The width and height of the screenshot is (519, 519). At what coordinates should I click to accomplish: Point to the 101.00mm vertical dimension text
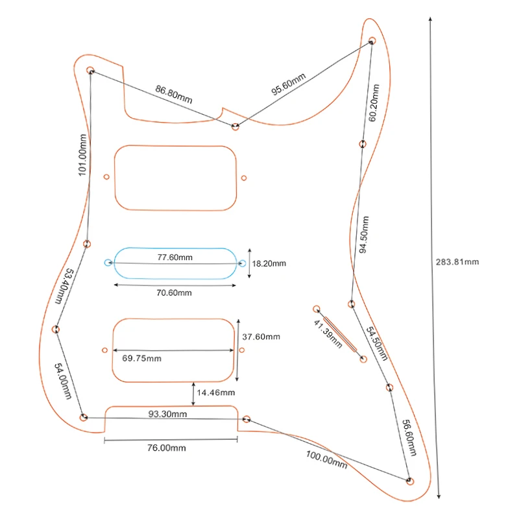tap(82, 155)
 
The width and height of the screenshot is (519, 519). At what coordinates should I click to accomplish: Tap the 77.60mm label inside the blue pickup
tap(175, 258)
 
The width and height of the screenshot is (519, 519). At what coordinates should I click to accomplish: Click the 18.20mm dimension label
tap(269, 264)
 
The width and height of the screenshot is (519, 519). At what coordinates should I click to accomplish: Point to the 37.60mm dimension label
tap(261, 337)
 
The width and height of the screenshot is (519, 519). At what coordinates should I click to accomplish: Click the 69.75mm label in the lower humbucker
tap(142, 359)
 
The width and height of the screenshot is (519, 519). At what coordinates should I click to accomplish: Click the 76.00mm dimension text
tap(167, 448)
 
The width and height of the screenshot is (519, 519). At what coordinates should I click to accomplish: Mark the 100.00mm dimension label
tap(326, 460)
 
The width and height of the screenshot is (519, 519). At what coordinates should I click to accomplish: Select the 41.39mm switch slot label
tap(328, 334)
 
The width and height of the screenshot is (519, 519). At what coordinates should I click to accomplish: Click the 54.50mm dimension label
tap(377, 344)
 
